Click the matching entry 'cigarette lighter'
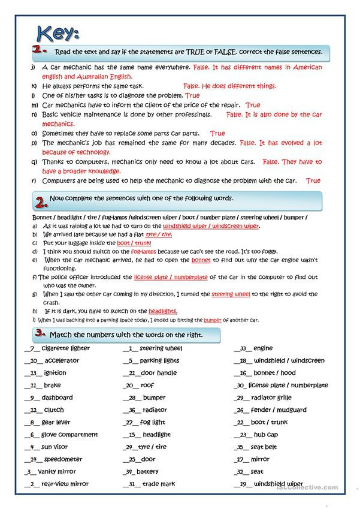coord(66,348)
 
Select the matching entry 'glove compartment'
coord(69,435)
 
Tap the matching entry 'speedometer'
coord(63,459)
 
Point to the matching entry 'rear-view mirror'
coord(66,484)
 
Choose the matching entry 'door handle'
coord(158,373)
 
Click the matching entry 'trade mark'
coord(159,484)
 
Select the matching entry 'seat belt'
coord(264,447)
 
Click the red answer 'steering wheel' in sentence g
coord(231,294)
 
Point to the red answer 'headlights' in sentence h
coord(162,311)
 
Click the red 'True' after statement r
coord(313,180)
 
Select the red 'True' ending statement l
coord(192,95)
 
